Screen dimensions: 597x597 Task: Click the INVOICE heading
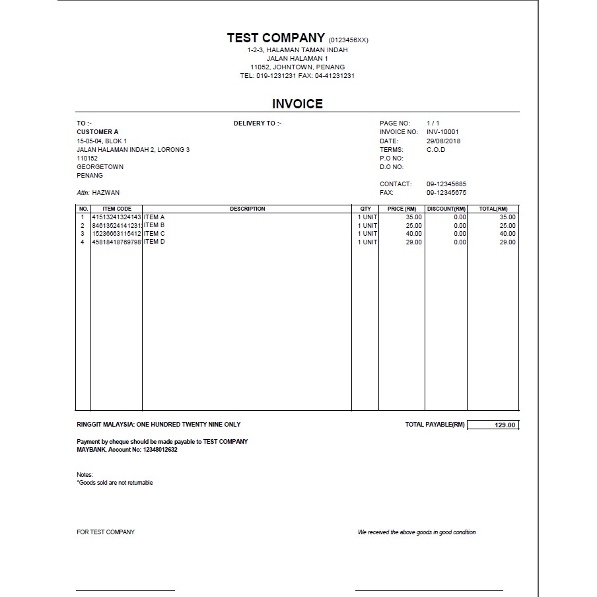(x=297, y=104)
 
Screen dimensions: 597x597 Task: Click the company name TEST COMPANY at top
(x=275, y=38)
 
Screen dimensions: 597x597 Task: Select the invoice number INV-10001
(x=442, y=132)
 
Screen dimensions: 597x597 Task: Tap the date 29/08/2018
(x=444, y=141)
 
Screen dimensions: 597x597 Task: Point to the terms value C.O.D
(x=436, y=149)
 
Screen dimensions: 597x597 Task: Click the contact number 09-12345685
(x=446, y=184)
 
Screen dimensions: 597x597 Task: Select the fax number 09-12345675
(x=446, y=193)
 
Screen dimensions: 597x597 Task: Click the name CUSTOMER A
(x=98, y=132)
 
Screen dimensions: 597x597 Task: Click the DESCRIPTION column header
(x=247, y=209)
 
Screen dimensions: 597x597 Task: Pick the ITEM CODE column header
(x=117, y=209)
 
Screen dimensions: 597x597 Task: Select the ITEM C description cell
(x=155, y=234)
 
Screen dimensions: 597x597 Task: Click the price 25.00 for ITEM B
(x=413, y=225)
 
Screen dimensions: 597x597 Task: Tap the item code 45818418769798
(x=116, y=242)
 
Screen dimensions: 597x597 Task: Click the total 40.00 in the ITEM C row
(x=507, y=234)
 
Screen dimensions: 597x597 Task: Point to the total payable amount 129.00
(x=505, y=425)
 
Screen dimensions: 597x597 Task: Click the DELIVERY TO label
(x=258, y=123)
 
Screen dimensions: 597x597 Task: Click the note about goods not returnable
(x=115, y=483)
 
